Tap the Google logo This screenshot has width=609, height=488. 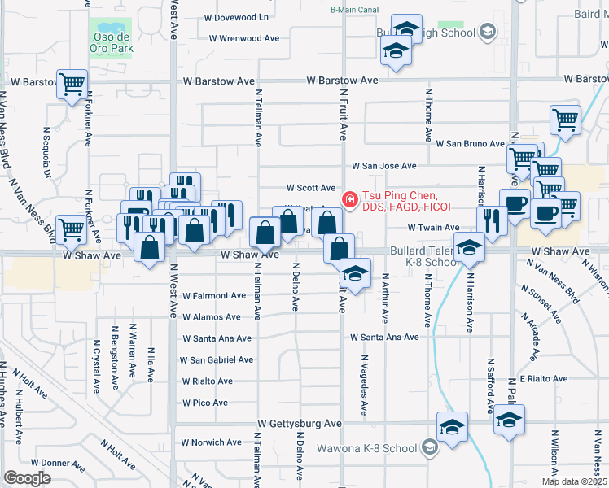27,478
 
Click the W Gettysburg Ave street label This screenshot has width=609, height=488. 300,424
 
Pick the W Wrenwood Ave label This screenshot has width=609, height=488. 243,38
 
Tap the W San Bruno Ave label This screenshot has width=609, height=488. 470,144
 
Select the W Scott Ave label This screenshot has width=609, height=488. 309,188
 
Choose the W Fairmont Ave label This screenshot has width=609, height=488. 214,296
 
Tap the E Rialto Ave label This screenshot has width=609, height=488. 544,379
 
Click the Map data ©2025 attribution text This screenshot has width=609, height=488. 573,481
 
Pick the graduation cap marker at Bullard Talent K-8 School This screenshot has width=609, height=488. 469,247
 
